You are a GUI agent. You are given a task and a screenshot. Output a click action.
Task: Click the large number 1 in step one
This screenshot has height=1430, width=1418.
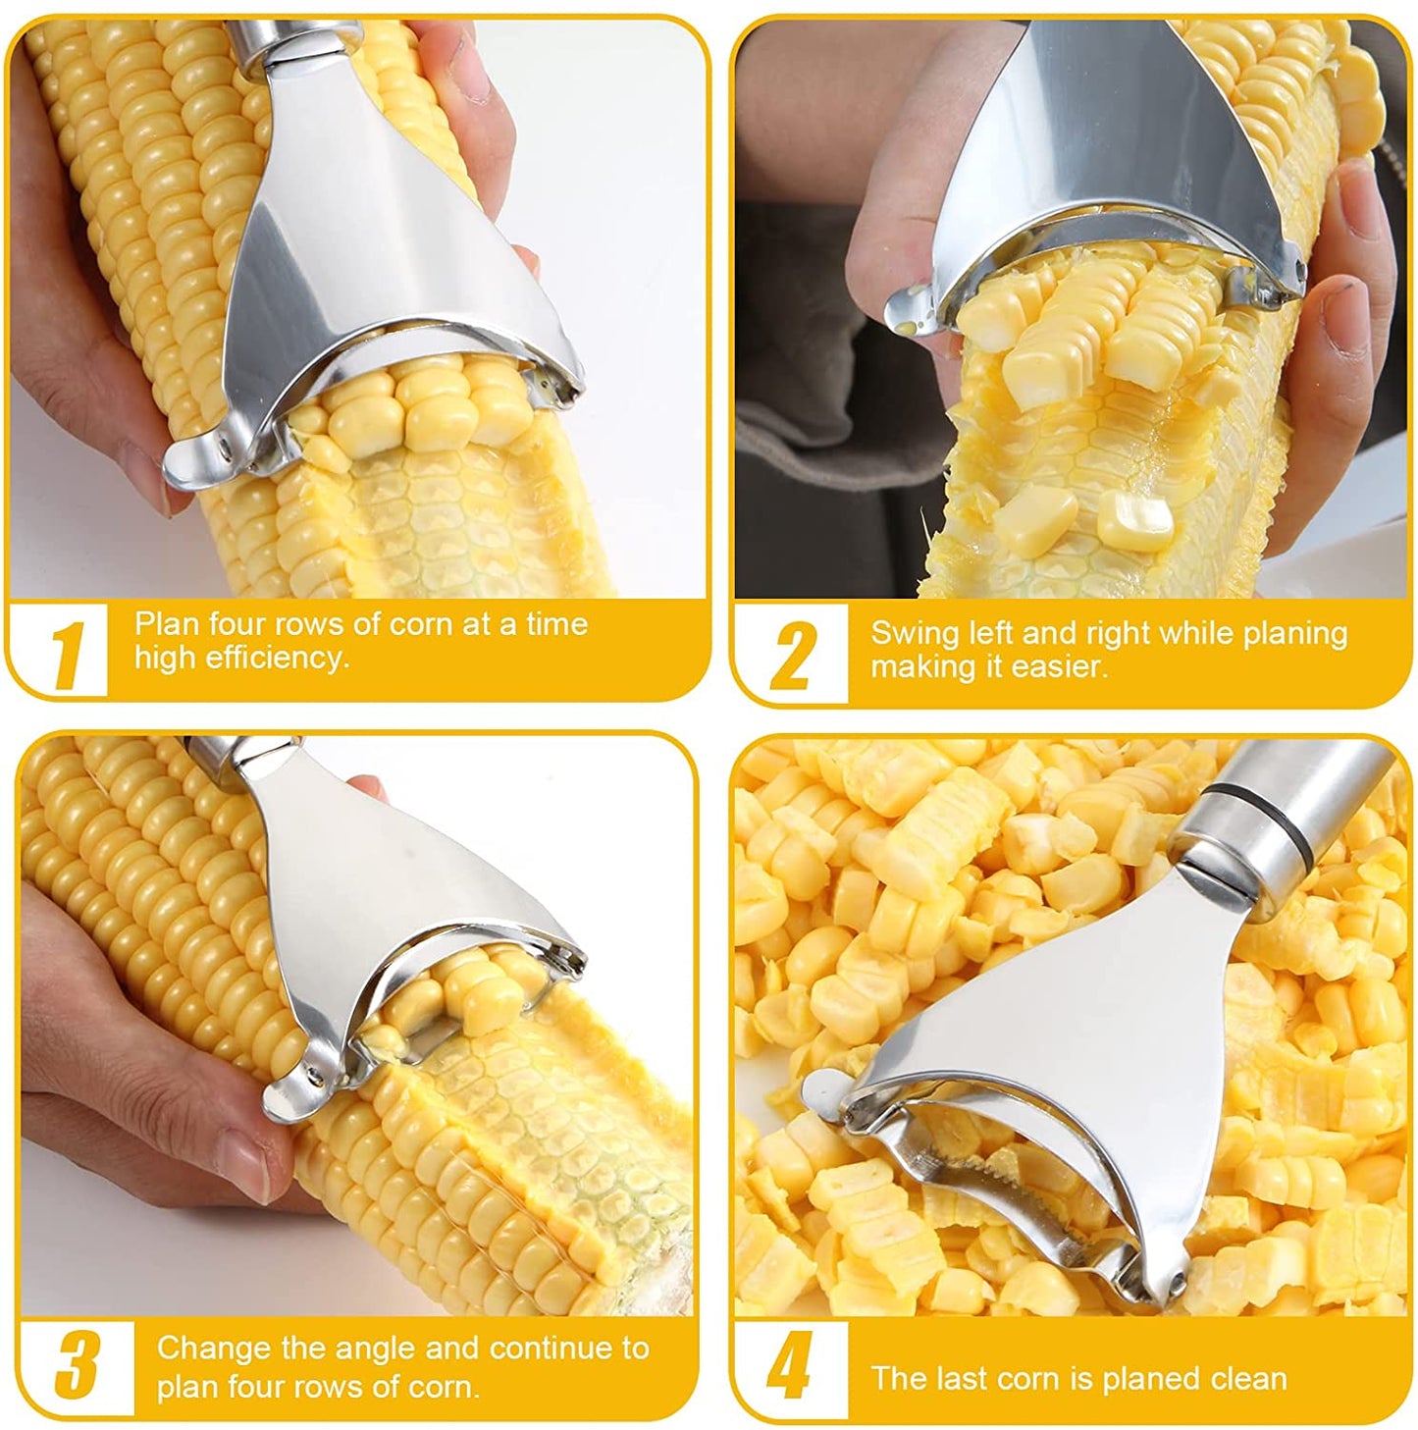click(x=69, y=655)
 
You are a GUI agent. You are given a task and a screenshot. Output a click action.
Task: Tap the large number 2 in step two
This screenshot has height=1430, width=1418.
click(x=794, y=656)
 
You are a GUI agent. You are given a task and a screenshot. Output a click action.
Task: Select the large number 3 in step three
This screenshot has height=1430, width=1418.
click(x=78, y=1364)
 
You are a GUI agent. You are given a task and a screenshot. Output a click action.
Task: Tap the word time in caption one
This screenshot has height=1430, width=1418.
click(x=556, y=624)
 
